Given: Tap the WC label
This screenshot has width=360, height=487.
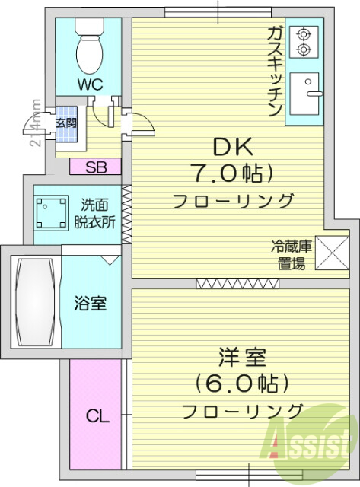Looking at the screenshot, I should click(89, 84).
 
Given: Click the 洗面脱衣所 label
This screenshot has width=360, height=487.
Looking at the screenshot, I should click(97, 214).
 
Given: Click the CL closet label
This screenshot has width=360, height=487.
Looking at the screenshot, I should click(97, 416).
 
